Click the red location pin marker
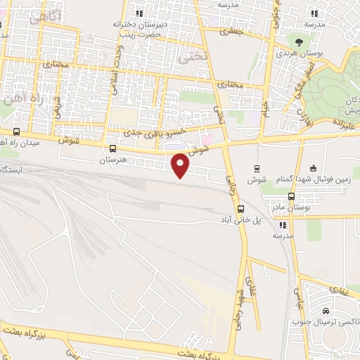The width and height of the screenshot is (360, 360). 181,165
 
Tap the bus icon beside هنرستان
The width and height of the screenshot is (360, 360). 113,148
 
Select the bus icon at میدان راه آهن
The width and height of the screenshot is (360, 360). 16,131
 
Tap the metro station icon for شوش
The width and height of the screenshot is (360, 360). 257,168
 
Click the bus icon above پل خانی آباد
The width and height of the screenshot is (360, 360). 241,209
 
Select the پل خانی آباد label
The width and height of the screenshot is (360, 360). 242,220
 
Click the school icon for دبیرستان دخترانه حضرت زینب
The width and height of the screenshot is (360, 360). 140,13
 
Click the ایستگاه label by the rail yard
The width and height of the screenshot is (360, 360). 10,170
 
